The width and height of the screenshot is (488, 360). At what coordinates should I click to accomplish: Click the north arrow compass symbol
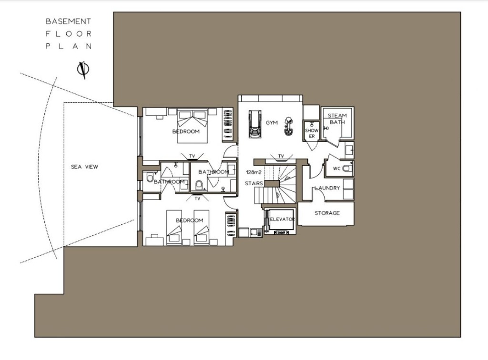pos(83,70)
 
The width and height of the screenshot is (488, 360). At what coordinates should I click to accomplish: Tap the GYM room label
pos(272,123)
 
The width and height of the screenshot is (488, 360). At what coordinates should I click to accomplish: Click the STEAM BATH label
pos(337,119)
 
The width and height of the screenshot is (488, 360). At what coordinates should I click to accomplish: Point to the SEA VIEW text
pos(84,167)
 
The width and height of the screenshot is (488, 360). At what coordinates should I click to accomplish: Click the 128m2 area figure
pos(254,172)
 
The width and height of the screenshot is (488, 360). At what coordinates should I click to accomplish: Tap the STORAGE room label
pos(327,213)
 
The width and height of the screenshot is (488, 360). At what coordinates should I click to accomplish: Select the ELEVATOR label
pos(282,219)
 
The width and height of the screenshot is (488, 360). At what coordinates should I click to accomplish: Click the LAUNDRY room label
pos(327,188)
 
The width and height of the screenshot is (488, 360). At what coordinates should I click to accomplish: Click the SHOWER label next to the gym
pos(312,133)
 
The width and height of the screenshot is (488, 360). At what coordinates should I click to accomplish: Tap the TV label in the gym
pos(281,156)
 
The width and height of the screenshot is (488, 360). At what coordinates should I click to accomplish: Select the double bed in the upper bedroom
pos(193,126)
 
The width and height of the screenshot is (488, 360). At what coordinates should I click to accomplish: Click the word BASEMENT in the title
pos(69,21)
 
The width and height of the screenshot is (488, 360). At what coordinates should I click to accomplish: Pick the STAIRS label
pos(254,183)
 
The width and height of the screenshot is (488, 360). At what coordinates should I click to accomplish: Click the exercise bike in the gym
pos(288,126)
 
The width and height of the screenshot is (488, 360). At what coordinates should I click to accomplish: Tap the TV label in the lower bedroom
pos(197,199)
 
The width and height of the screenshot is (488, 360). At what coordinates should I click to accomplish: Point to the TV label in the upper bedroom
pos(192,156)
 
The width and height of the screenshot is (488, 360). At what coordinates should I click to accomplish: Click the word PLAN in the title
pos(69,46)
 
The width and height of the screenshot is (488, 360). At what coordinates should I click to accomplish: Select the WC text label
pos(337,169)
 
